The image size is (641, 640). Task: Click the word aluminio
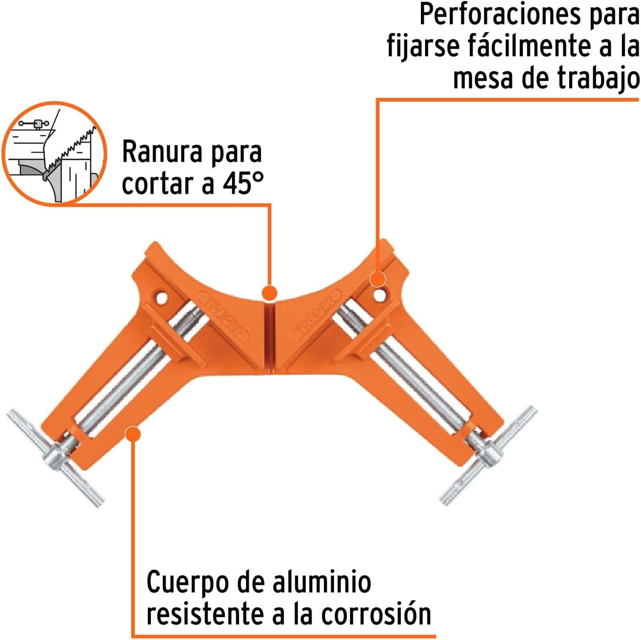(322, 582)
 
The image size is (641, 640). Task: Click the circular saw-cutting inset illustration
(54, 153)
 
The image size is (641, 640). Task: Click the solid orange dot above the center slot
(269, 293)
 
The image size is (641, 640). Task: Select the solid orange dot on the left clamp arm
(133, 434)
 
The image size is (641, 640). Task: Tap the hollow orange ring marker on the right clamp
(377, 280)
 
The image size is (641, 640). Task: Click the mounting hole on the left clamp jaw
(161, 298)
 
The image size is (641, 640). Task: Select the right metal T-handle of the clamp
(488, 456)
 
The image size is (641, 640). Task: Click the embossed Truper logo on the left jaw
(227, 317)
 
